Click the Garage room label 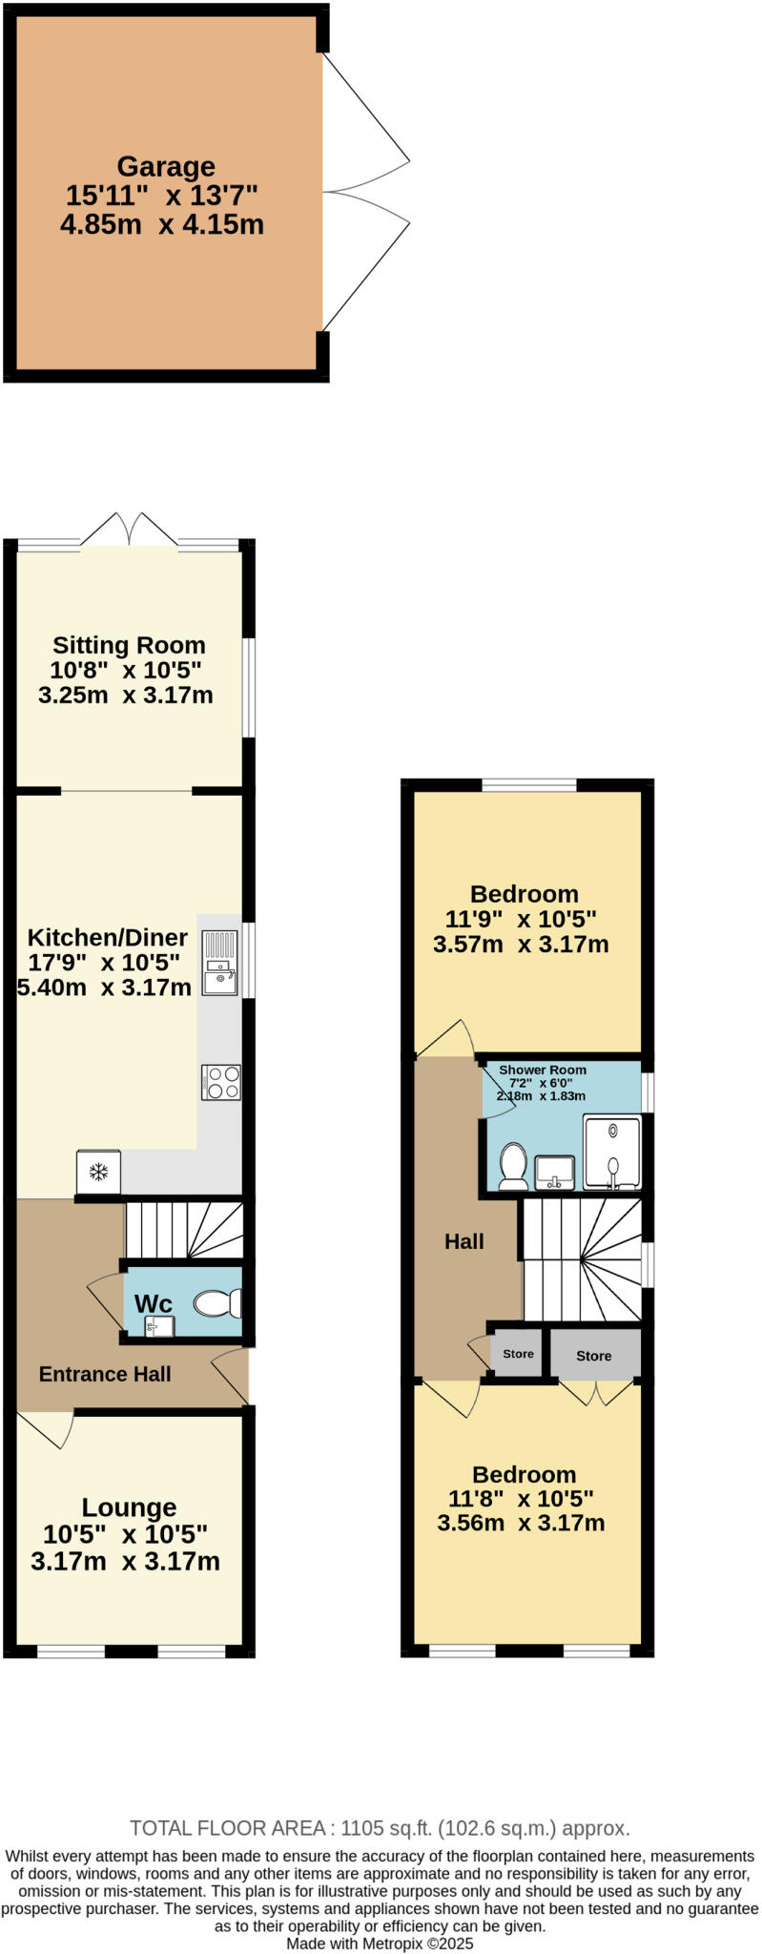166,167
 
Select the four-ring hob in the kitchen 221,1082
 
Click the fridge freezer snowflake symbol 98,1172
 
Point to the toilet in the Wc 218,1302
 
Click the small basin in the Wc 159,1325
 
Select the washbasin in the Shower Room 555,1171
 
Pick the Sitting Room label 129,646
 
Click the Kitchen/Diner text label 107,937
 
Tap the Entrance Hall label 105,1374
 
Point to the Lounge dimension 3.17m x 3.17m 125,1562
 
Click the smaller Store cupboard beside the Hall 518,1354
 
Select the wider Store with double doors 593,1356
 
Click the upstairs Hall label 464,1241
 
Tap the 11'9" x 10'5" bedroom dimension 521,920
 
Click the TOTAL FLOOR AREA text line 380,1828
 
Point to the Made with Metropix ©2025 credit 380,1944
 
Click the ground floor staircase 185,1230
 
